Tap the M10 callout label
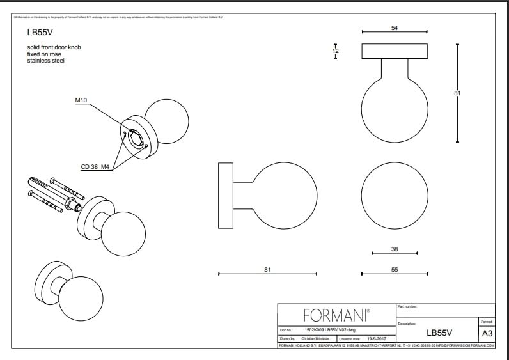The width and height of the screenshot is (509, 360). [81, 100]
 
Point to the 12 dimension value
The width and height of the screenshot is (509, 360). [336, 51]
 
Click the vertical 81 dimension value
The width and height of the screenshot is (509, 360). [457, 93]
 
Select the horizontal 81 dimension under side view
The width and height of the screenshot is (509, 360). [267, 270]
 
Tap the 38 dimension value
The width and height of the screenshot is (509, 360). [395, 249]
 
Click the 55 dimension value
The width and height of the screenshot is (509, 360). [395, 270]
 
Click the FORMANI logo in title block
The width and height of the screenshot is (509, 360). [336, 315]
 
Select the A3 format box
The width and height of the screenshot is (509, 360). [487, 333]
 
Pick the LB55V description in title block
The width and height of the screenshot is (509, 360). [439, 333]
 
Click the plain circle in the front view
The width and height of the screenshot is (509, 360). [395, 194]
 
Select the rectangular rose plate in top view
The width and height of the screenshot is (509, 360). [395, 51]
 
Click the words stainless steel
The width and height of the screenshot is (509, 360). [45, 61]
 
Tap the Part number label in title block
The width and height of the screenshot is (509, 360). [407, 307]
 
